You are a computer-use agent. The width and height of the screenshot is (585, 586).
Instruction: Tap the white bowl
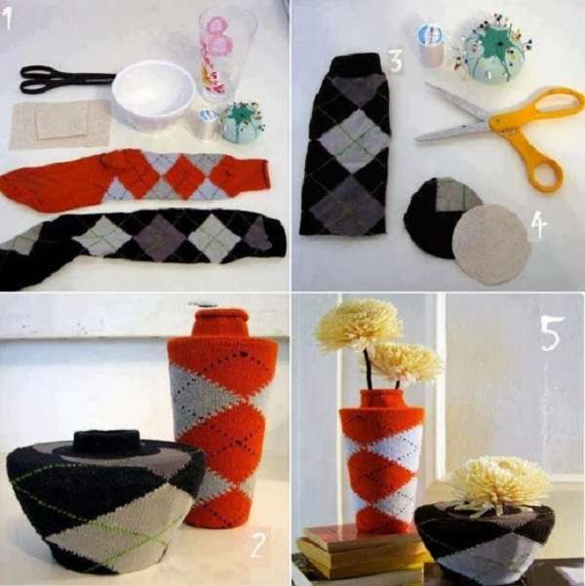pyautogui.click(x=153, y=95)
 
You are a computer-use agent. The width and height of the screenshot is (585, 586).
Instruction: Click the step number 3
pyautogui.click(x=395, y=61)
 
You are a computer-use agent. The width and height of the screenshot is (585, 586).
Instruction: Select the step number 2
pyautogui.click(x=256, y=544)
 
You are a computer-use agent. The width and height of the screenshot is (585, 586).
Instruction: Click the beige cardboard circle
pyautogui.click(x=491, y=244)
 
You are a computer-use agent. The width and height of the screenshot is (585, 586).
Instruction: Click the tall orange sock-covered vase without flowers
pyautogui.click(x=220, y=419)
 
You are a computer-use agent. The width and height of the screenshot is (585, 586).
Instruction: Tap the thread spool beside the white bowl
pyautogui.click(x=203, y=123)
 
